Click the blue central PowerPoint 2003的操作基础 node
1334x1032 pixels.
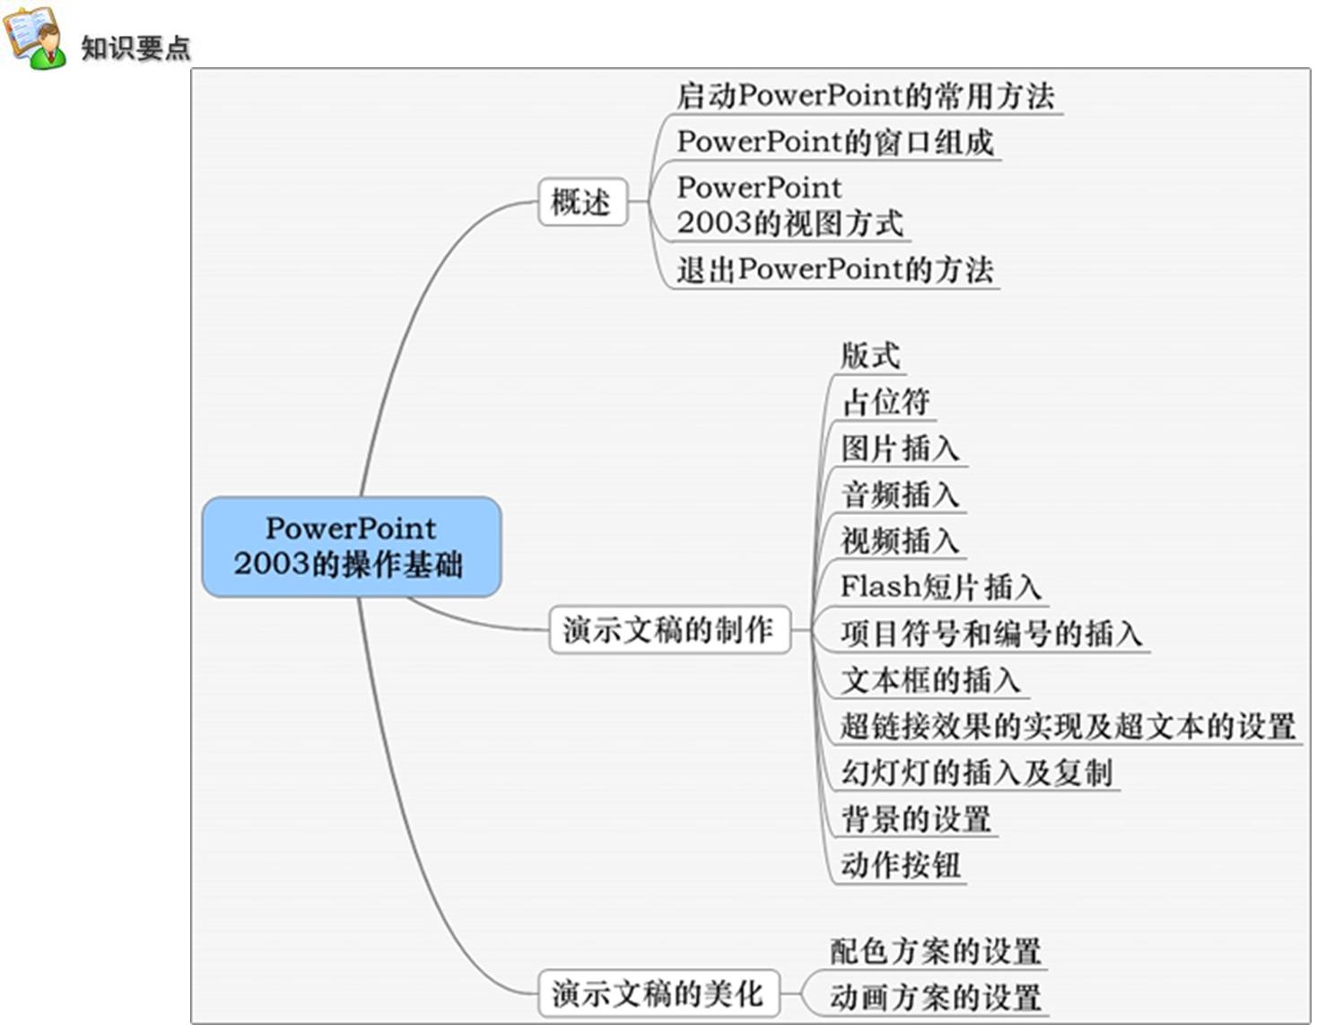352,547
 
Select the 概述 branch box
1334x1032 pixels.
582,201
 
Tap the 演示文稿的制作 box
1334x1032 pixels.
670,630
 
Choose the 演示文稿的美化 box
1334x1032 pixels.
659,993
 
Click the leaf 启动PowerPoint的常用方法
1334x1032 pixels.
866,96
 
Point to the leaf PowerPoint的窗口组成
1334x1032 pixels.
835,143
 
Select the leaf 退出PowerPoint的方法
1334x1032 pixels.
835,270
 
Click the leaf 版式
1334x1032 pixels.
870,356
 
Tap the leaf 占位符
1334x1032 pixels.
885,402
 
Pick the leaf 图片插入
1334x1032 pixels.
900,449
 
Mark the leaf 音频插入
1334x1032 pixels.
900,494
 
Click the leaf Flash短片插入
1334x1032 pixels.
941,588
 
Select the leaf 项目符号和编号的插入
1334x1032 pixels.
991,634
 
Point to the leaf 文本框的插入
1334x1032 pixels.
930,680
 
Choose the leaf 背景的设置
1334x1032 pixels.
916,819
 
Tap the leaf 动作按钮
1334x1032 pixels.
901,866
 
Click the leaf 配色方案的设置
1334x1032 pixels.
936,951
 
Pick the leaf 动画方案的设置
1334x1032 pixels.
936,998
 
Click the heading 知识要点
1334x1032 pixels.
135,48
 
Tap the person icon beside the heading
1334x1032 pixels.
35,38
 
